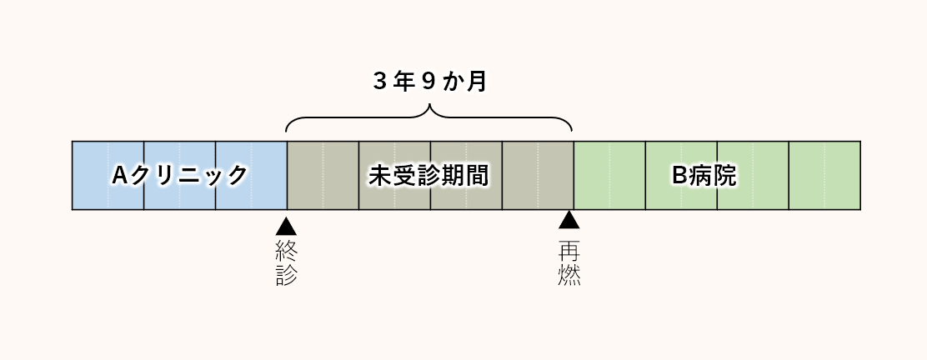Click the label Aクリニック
(x=180, y=176)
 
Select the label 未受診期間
(x=428, y=176)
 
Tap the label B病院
(x=704, y=176)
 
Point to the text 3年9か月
(x=429, y=82)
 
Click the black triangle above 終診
(x=286, y=225)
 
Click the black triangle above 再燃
(x=569, y=220)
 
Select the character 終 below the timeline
(x=286, y=250)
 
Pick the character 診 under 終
(x=286, y=276)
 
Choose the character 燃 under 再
(x=569, y=276)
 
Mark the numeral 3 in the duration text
(x=381, y=82)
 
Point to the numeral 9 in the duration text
(x=429, y=82)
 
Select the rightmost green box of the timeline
(x=824, y=176)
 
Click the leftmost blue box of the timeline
(x=108, y=176)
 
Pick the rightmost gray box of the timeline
(x=538, y=176)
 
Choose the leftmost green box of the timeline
(x=609, y=176)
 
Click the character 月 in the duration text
(x=477, y=82)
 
